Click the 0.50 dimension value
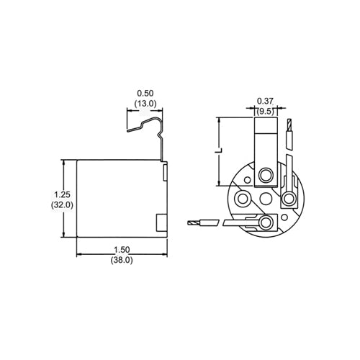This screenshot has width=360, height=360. (x=146, y=94)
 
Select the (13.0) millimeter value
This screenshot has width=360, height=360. (x=146, y=104)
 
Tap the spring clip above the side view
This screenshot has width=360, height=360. (x=148, y=130)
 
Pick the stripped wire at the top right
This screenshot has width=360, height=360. (x=289, y=133)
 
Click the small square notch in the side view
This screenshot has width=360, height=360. (x=161, y=222)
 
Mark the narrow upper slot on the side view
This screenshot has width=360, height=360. (x=165, y=171)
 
